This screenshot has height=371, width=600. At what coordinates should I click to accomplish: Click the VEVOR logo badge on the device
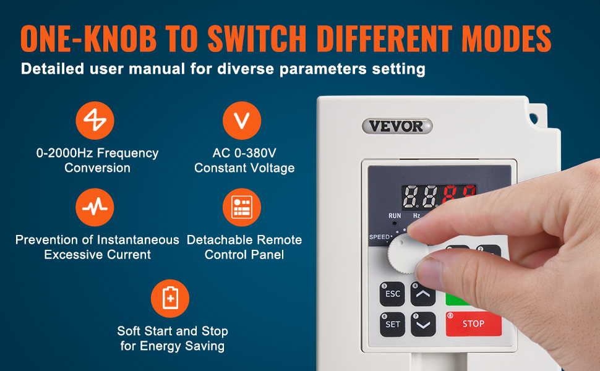coord(397,126)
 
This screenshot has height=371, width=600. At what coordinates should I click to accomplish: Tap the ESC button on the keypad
coord(392,294)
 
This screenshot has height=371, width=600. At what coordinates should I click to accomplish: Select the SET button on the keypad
coord(393,325)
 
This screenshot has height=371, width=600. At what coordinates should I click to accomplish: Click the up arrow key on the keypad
coord(423,294)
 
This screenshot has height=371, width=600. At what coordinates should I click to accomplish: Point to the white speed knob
coord(406,254)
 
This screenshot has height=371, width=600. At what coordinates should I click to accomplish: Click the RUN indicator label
coord(395,216)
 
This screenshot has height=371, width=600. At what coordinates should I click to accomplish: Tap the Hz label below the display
coord(416,216)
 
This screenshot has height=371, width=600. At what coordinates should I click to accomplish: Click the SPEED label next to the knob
coord(379,237)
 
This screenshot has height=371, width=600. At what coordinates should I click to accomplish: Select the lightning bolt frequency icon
coord(95,121)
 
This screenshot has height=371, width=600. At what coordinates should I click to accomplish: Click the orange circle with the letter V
coord(242,121)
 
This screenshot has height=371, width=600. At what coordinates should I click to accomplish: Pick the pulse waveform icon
coord(95,207)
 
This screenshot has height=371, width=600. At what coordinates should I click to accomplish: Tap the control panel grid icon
coord(242,207)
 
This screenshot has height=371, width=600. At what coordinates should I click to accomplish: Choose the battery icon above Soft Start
coord(170,299)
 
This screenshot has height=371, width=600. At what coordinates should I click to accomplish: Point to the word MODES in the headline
coord(506,38)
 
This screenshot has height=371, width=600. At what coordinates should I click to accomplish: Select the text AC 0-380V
coord(244,153)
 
